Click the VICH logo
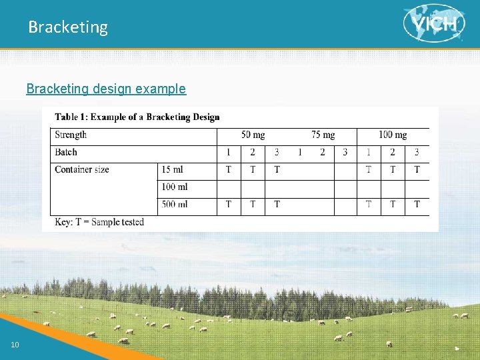(x=434, y=23)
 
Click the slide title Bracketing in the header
(x=67, y=27)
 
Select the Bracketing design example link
(x=106, y=89)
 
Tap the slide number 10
(x=15, y=344)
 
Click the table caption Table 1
(x=137, y=117)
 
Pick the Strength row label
(x=71, y=135)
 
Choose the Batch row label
(x=65, y=152)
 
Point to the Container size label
(x=82, y=169)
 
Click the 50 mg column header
(x=253, y=135)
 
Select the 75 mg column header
(x=323, y=135)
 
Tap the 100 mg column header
(x=393, y=135)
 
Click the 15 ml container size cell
(x=172, y=169)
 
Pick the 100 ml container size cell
(x=174, y=187)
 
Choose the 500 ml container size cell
(x=174, y=204)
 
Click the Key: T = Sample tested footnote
(x=99, y=221)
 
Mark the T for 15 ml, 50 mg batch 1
(x=229, y=169)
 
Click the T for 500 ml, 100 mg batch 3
(x=417, y=204)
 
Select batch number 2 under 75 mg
(x=322, y=152)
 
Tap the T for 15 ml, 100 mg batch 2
(x=393, y=169)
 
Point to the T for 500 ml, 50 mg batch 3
(x=277, y=204)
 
